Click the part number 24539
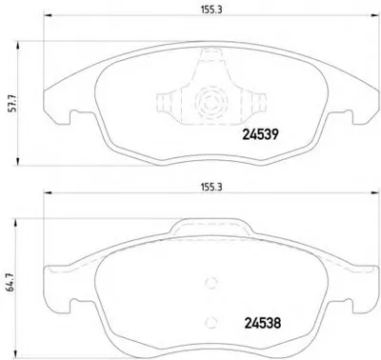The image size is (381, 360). click(260, 134)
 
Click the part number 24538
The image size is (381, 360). click(263, 323)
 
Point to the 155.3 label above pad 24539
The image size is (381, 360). click(211, 10)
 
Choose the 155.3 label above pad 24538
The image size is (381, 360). click(211, 188)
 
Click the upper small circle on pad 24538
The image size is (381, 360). click(211, 283)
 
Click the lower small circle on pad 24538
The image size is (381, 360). click(211, 322)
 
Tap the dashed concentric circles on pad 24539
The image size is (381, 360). click(211, 101)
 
